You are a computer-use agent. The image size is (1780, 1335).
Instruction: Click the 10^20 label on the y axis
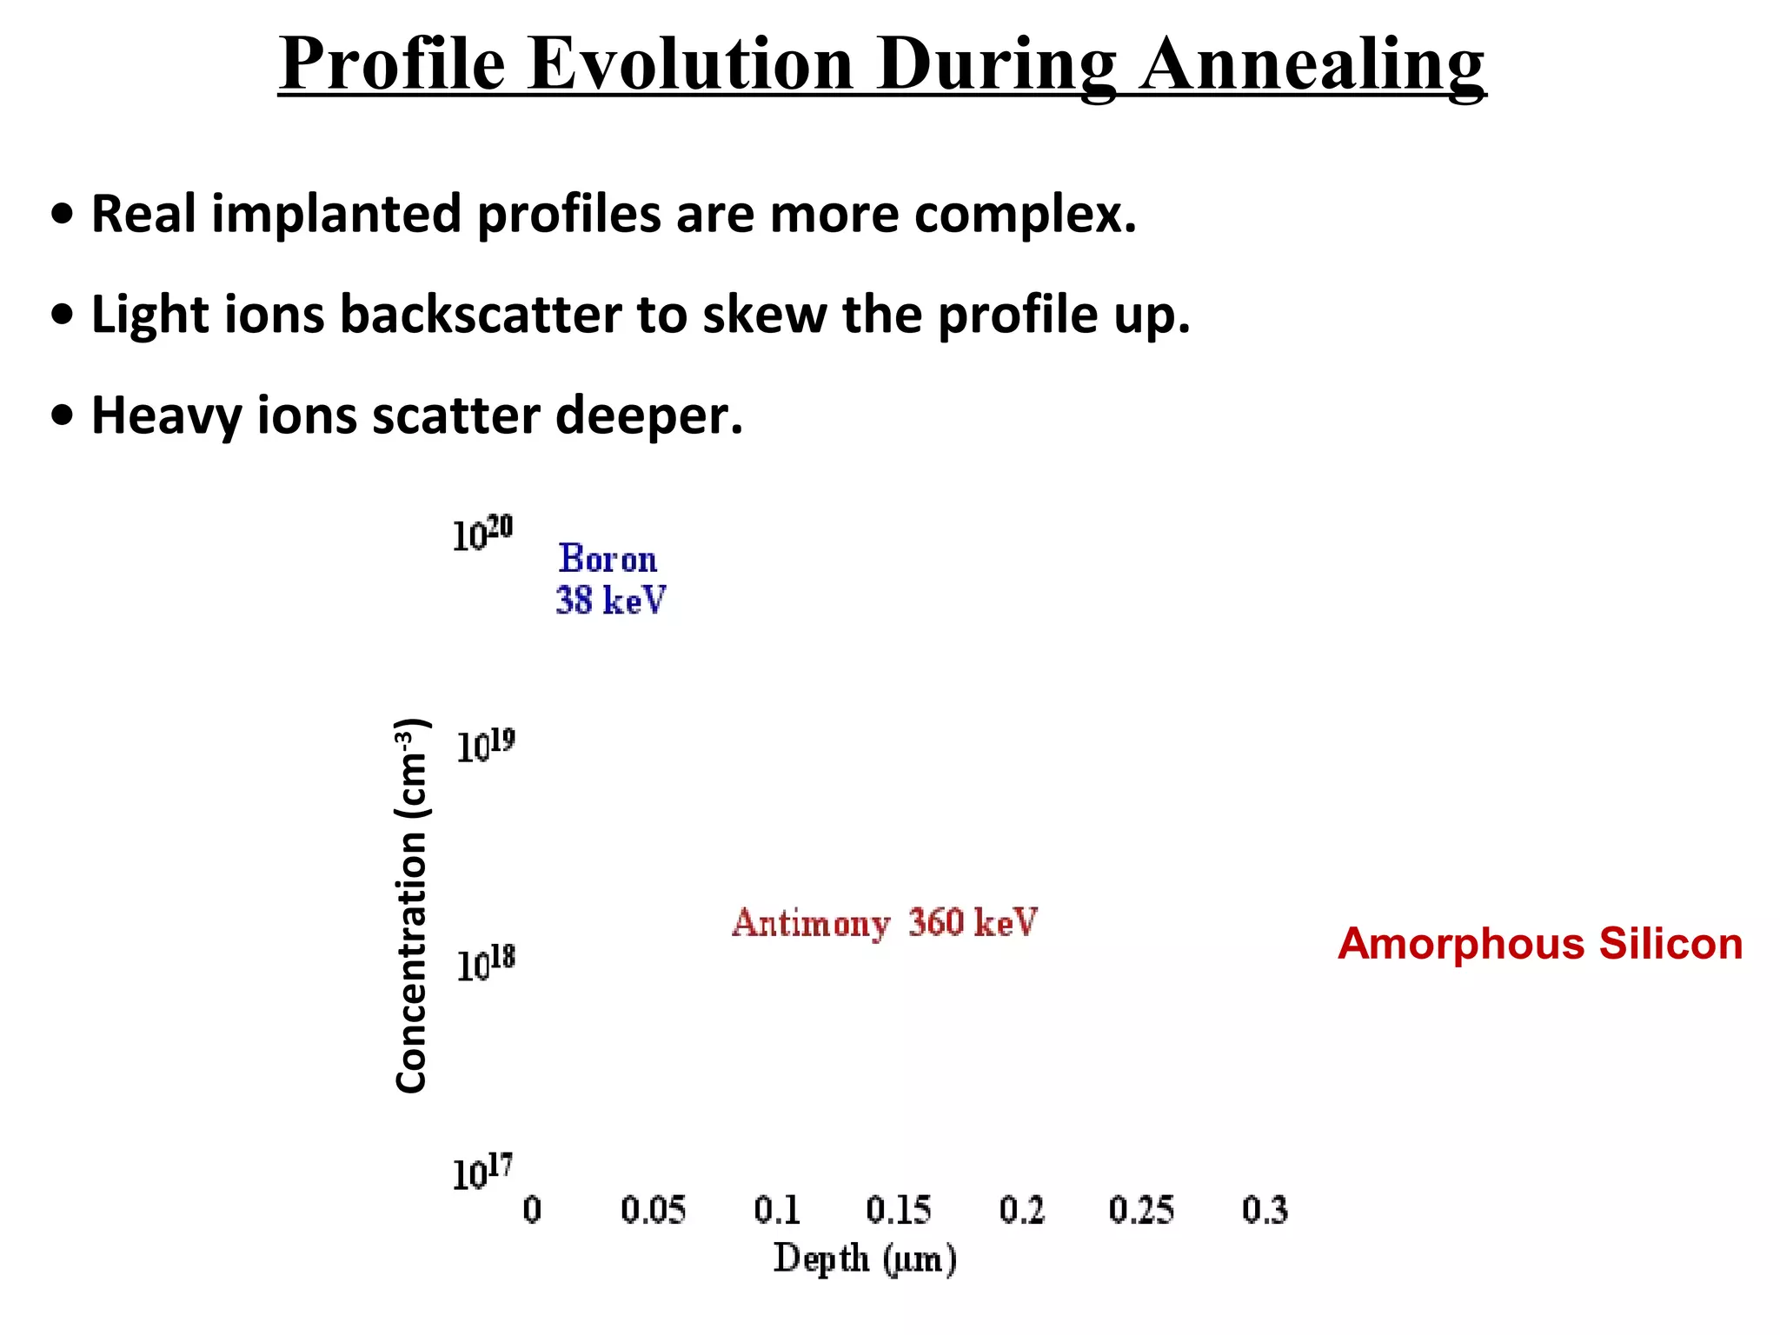click(x=482, y=534)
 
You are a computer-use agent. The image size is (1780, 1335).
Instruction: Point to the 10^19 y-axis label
click(x=485, y=747)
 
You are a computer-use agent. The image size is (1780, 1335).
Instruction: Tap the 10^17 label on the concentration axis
click(x=482, y=1172)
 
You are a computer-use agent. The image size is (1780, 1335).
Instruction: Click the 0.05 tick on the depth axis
click(x=653, y=1210)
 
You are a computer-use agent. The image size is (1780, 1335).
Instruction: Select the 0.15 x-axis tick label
click(x=898, y=1210)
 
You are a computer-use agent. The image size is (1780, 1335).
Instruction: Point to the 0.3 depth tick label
click(x=1265, y=1210)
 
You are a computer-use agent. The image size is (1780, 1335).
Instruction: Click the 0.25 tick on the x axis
click(x=1141, y=1210)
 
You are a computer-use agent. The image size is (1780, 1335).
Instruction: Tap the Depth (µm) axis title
click(x=865, y=1259)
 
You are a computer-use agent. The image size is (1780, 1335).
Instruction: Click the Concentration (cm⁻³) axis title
click(x=411, y=906)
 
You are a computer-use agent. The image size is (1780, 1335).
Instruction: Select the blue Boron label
click(x=608, y=559)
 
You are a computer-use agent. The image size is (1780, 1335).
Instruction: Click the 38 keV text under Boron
click(x=610, y=601)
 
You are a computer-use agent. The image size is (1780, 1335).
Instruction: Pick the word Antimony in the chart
click(x=811, y=923)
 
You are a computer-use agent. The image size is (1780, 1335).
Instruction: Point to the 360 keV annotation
click(x=973, y=922)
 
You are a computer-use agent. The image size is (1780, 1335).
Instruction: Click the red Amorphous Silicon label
click(x=1540, y=944)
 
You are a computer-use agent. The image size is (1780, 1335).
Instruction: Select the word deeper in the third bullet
click(x=649, y=415)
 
